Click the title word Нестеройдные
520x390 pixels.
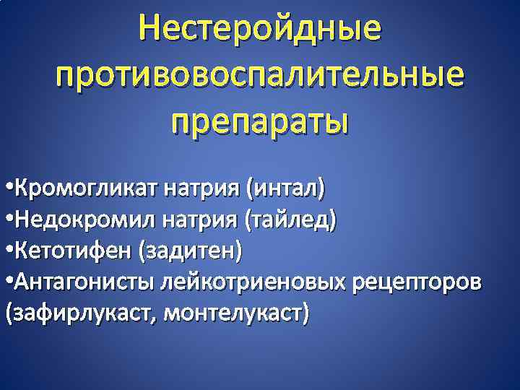point(260,29)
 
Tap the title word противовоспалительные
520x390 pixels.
point(260,75)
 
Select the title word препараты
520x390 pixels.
point(260,120)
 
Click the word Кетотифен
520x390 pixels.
point(73,251)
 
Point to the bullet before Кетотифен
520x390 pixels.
point(8,252)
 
